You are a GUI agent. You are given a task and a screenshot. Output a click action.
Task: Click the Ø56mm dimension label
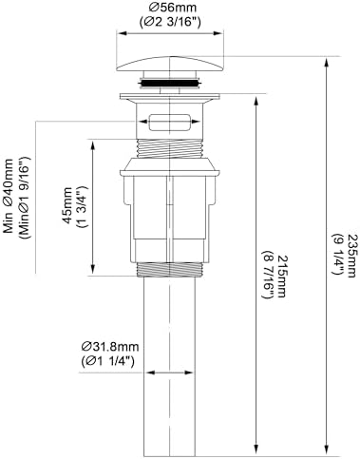[x=170, y=7]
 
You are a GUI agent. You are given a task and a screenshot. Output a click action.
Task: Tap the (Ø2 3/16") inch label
[x=170, y=21]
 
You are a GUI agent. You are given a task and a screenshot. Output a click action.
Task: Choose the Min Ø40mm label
[x=9, y=196]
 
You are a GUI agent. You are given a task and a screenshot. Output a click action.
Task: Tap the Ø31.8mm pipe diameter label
[x=110, y=347]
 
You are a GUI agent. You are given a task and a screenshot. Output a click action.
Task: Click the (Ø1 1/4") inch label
[x=107, y=361]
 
